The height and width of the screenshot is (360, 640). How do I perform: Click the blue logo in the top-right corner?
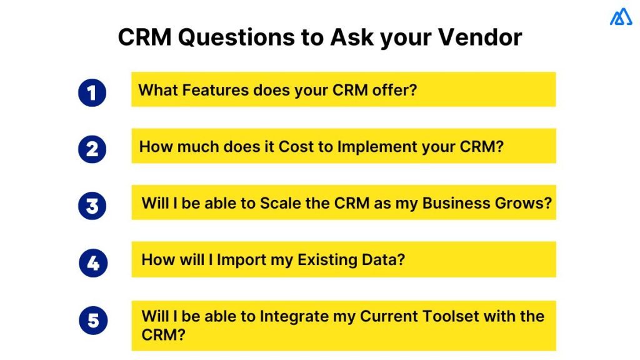pyautogui.click(x=621, y=17)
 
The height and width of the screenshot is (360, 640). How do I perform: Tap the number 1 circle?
pyautogui.click(x=92, y=92)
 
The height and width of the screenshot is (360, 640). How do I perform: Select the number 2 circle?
pyautogui.click(x=92, y=149)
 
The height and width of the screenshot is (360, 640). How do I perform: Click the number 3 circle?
pyautogui.click(x=92, y=206)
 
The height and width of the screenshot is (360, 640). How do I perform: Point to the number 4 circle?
pyautogui.click(x=92, y=263)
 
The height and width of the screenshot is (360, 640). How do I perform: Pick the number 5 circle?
pyautogui.click(x=92, y=321)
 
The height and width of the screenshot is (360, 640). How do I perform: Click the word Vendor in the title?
pyautogui.click(x=479, y=38)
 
